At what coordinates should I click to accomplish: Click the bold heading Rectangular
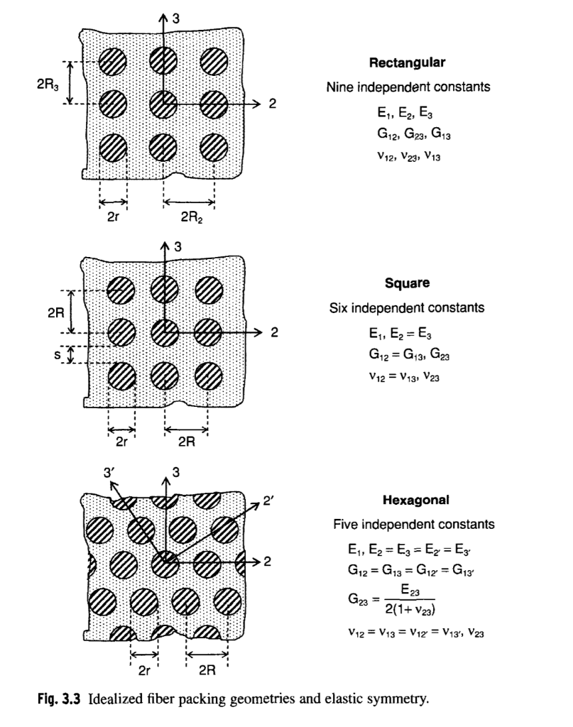coord(407,63)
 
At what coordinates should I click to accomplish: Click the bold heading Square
coord(407,283)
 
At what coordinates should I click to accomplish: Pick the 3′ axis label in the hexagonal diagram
coord(109,470)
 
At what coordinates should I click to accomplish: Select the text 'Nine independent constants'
coord(408,87)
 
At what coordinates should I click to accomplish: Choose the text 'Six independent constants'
coord(407,308)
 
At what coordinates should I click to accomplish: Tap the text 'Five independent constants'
coord(414,525)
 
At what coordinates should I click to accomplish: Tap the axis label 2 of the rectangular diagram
coord(271,104)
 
